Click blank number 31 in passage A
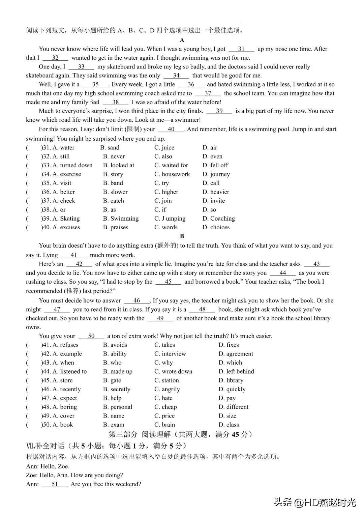click(241, 49)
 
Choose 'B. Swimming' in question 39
click(121, 219)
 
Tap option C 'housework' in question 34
click(172, 174)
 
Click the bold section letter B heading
click(182, 236)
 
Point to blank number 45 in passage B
click(168, 282)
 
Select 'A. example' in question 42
click(67, 354)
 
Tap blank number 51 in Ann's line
click(55, 484)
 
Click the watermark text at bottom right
click(315, 503)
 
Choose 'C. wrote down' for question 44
click(173, 372)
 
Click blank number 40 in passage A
click(171, 129)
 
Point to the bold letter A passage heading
click(182, 40)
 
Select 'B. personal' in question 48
click(117, 407)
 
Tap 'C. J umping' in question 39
click(170, 219)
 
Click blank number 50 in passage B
click(91, 336)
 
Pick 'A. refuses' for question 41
click(65, 345)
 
